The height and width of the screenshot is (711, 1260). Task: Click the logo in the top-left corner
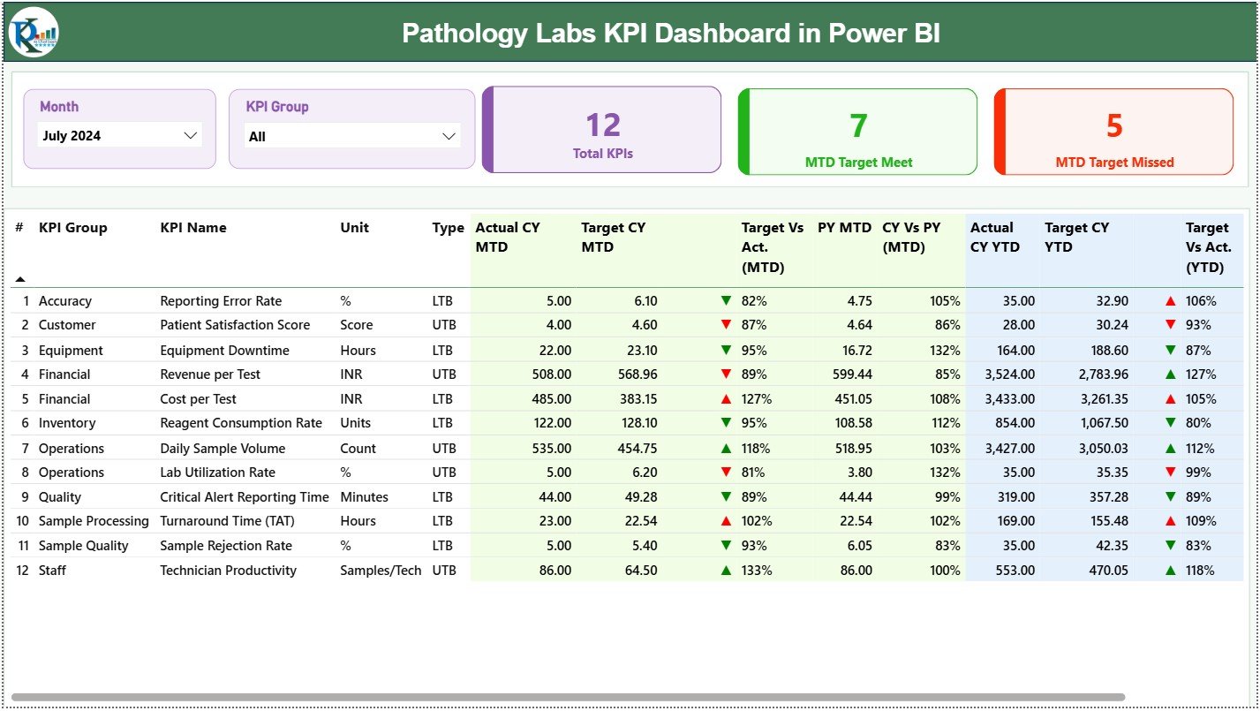click(x=34, y=32)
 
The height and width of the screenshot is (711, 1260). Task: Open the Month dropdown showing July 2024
click(x=121, y=135)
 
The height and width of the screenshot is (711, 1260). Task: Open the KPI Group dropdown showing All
click(x=351, y=136)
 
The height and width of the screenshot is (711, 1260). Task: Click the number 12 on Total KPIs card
click(x=603, y=125)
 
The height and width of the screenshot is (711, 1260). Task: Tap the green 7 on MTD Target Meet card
click(x=858, y=126)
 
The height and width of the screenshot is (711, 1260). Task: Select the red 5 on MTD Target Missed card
click(x=1114, y=126)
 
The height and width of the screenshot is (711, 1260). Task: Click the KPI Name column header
click(x=192, y=228)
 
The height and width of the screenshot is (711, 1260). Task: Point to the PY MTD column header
click(x=844, y=228)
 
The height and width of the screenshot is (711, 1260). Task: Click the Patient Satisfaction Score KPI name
click(x=235, y=325)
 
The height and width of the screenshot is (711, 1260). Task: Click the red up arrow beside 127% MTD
click(x=726, y=399)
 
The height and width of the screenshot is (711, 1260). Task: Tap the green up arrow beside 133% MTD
click(x=726, y=571)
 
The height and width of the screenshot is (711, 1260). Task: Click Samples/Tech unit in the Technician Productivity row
click(x=381, y=571)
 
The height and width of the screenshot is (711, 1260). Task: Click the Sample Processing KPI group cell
click(x=94, y=521)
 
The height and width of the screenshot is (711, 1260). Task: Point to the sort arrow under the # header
click(x=20, y=279)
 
